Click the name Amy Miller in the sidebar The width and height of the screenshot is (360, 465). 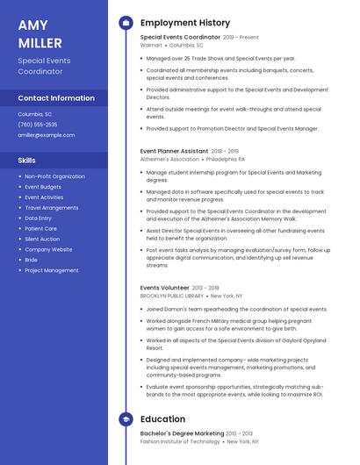point(40,33)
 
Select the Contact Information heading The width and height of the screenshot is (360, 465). point(56,98)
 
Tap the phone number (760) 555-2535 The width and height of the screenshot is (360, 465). point(38,124)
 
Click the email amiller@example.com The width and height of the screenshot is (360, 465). point(47,135)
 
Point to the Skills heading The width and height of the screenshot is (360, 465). point(26,161)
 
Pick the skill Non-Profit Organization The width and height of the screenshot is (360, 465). point(54,176)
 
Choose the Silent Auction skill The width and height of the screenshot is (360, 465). point(42,239)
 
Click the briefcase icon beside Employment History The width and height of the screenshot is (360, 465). point(126,23)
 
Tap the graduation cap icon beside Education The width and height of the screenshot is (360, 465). point(126,419)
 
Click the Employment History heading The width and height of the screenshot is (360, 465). point(185,23)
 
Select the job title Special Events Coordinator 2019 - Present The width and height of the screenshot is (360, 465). point(199,38)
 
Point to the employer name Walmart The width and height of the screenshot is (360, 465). point(152,45)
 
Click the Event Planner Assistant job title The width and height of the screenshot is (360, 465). point(174,151)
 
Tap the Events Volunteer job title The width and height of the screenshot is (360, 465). point(164,288)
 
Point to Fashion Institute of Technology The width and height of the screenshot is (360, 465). point(179,441)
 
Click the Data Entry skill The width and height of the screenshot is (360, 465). point(38,218)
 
